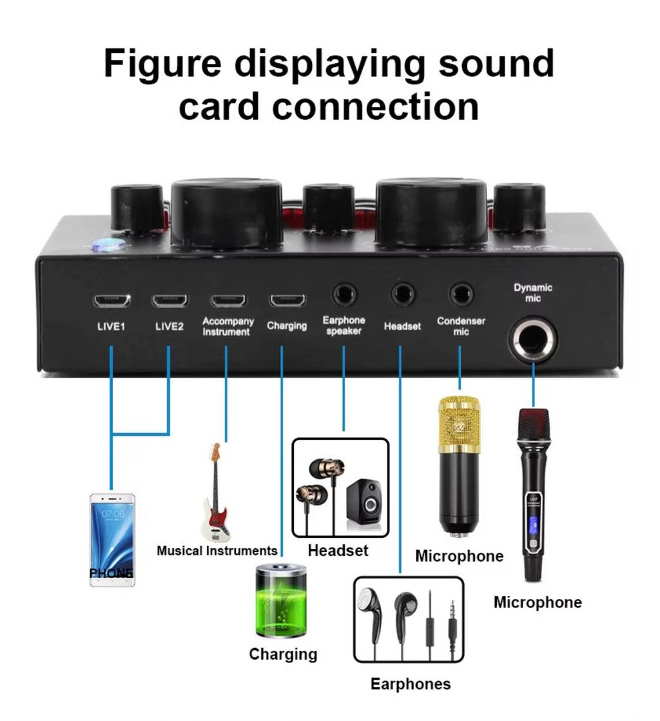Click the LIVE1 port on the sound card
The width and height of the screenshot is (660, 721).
111,301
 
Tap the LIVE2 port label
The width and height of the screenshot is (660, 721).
170,326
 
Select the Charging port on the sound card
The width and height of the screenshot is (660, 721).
287,301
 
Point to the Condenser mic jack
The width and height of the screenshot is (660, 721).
461,295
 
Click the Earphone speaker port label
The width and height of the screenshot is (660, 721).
344,326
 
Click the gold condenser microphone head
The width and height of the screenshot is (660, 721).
460,423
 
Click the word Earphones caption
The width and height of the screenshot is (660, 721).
411,684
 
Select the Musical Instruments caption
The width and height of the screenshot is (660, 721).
217,551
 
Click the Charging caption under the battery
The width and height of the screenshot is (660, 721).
283,654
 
